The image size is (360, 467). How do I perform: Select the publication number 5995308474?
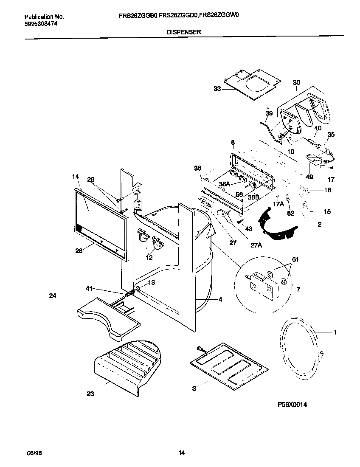tap(41, 24)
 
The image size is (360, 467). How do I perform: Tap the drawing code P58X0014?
tap(292, 405)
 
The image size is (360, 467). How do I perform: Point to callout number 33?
tap(217, 89)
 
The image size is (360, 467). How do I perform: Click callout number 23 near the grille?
tap(90, 394)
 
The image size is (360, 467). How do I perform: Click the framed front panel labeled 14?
tap(100, 221)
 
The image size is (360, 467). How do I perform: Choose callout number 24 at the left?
tap(53, 296)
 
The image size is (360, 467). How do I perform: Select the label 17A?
tap(278, 204)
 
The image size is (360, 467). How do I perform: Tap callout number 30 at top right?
tap(296, 83)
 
